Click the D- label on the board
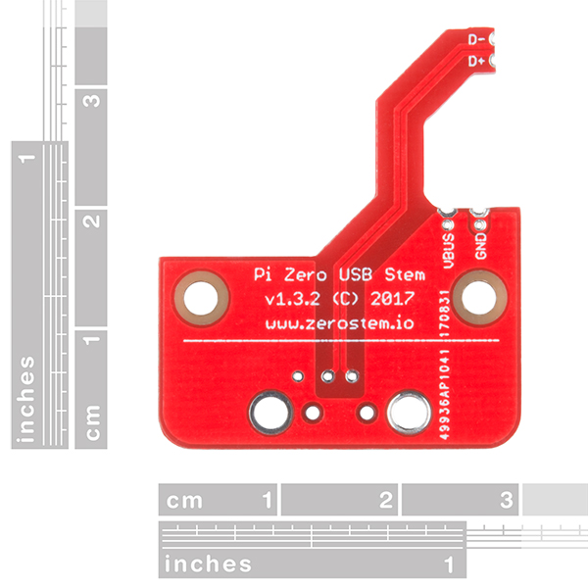(x=477, y=40)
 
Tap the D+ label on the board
(x=477, y=61)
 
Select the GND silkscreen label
(x=480, y=242)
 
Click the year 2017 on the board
(x=395, y=297)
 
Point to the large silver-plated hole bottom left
(x=269, y=412)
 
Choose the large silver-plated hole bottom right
(x=408, y=412)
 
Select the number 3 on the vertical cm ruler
(x=92, y=102)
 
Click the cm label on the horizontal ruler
(x=184, y=501)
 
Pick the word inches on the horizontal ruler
(x=208, y=564)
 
